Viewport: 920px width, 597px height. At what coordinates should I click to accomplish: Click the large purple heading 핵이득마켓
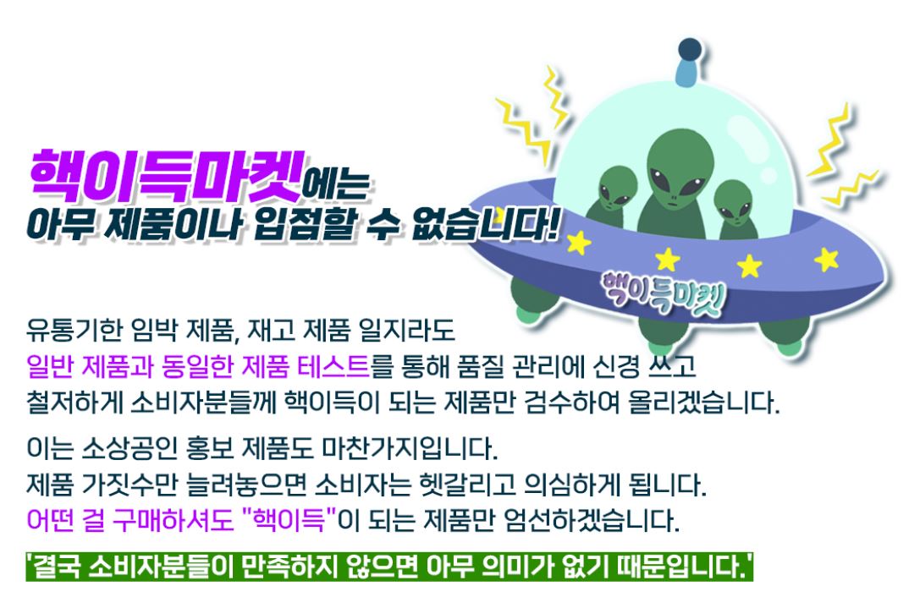pos(164,173)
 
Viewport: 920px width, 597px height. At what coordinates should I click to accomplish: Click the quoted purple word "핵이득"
pos(289,519)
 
